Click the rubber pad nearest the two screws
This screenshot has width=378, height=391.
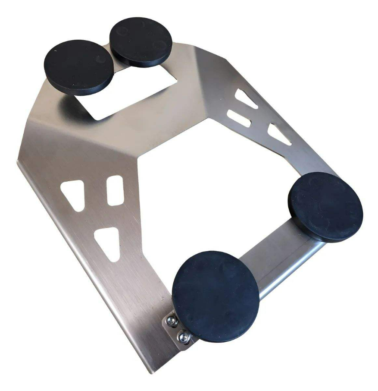coord(215,296)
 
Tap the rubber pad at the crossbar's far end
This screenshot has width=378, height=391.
coord(325,206)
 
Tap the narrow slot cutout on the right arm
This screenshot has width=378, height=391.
coord(238,118)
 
